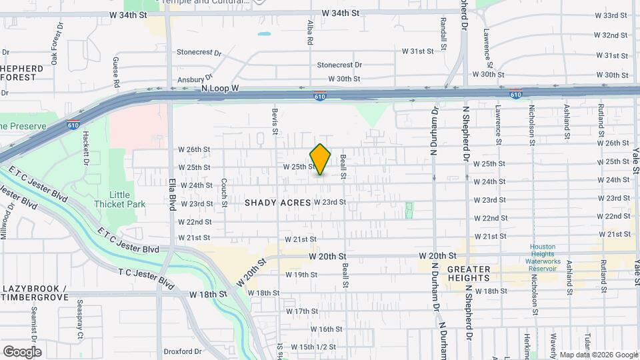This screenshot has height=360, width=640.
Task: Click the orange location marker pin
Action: tap(321, 159)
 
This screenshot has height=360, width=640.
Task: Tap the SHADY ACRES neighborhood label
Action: tap(277, 202)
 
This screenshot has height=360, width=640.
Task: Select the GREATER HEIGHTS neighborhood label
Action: tap(478, 273)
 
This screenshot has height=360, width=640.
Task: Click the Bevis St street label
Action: tap(274, 121)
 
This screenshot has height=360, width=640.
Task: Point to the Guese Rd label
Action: tap(115, 72)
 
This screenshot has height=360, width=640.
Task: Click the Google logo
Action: tap(22, 352)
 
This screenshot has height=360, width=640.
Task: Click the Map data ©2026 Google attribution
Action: tap(598, 355)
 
